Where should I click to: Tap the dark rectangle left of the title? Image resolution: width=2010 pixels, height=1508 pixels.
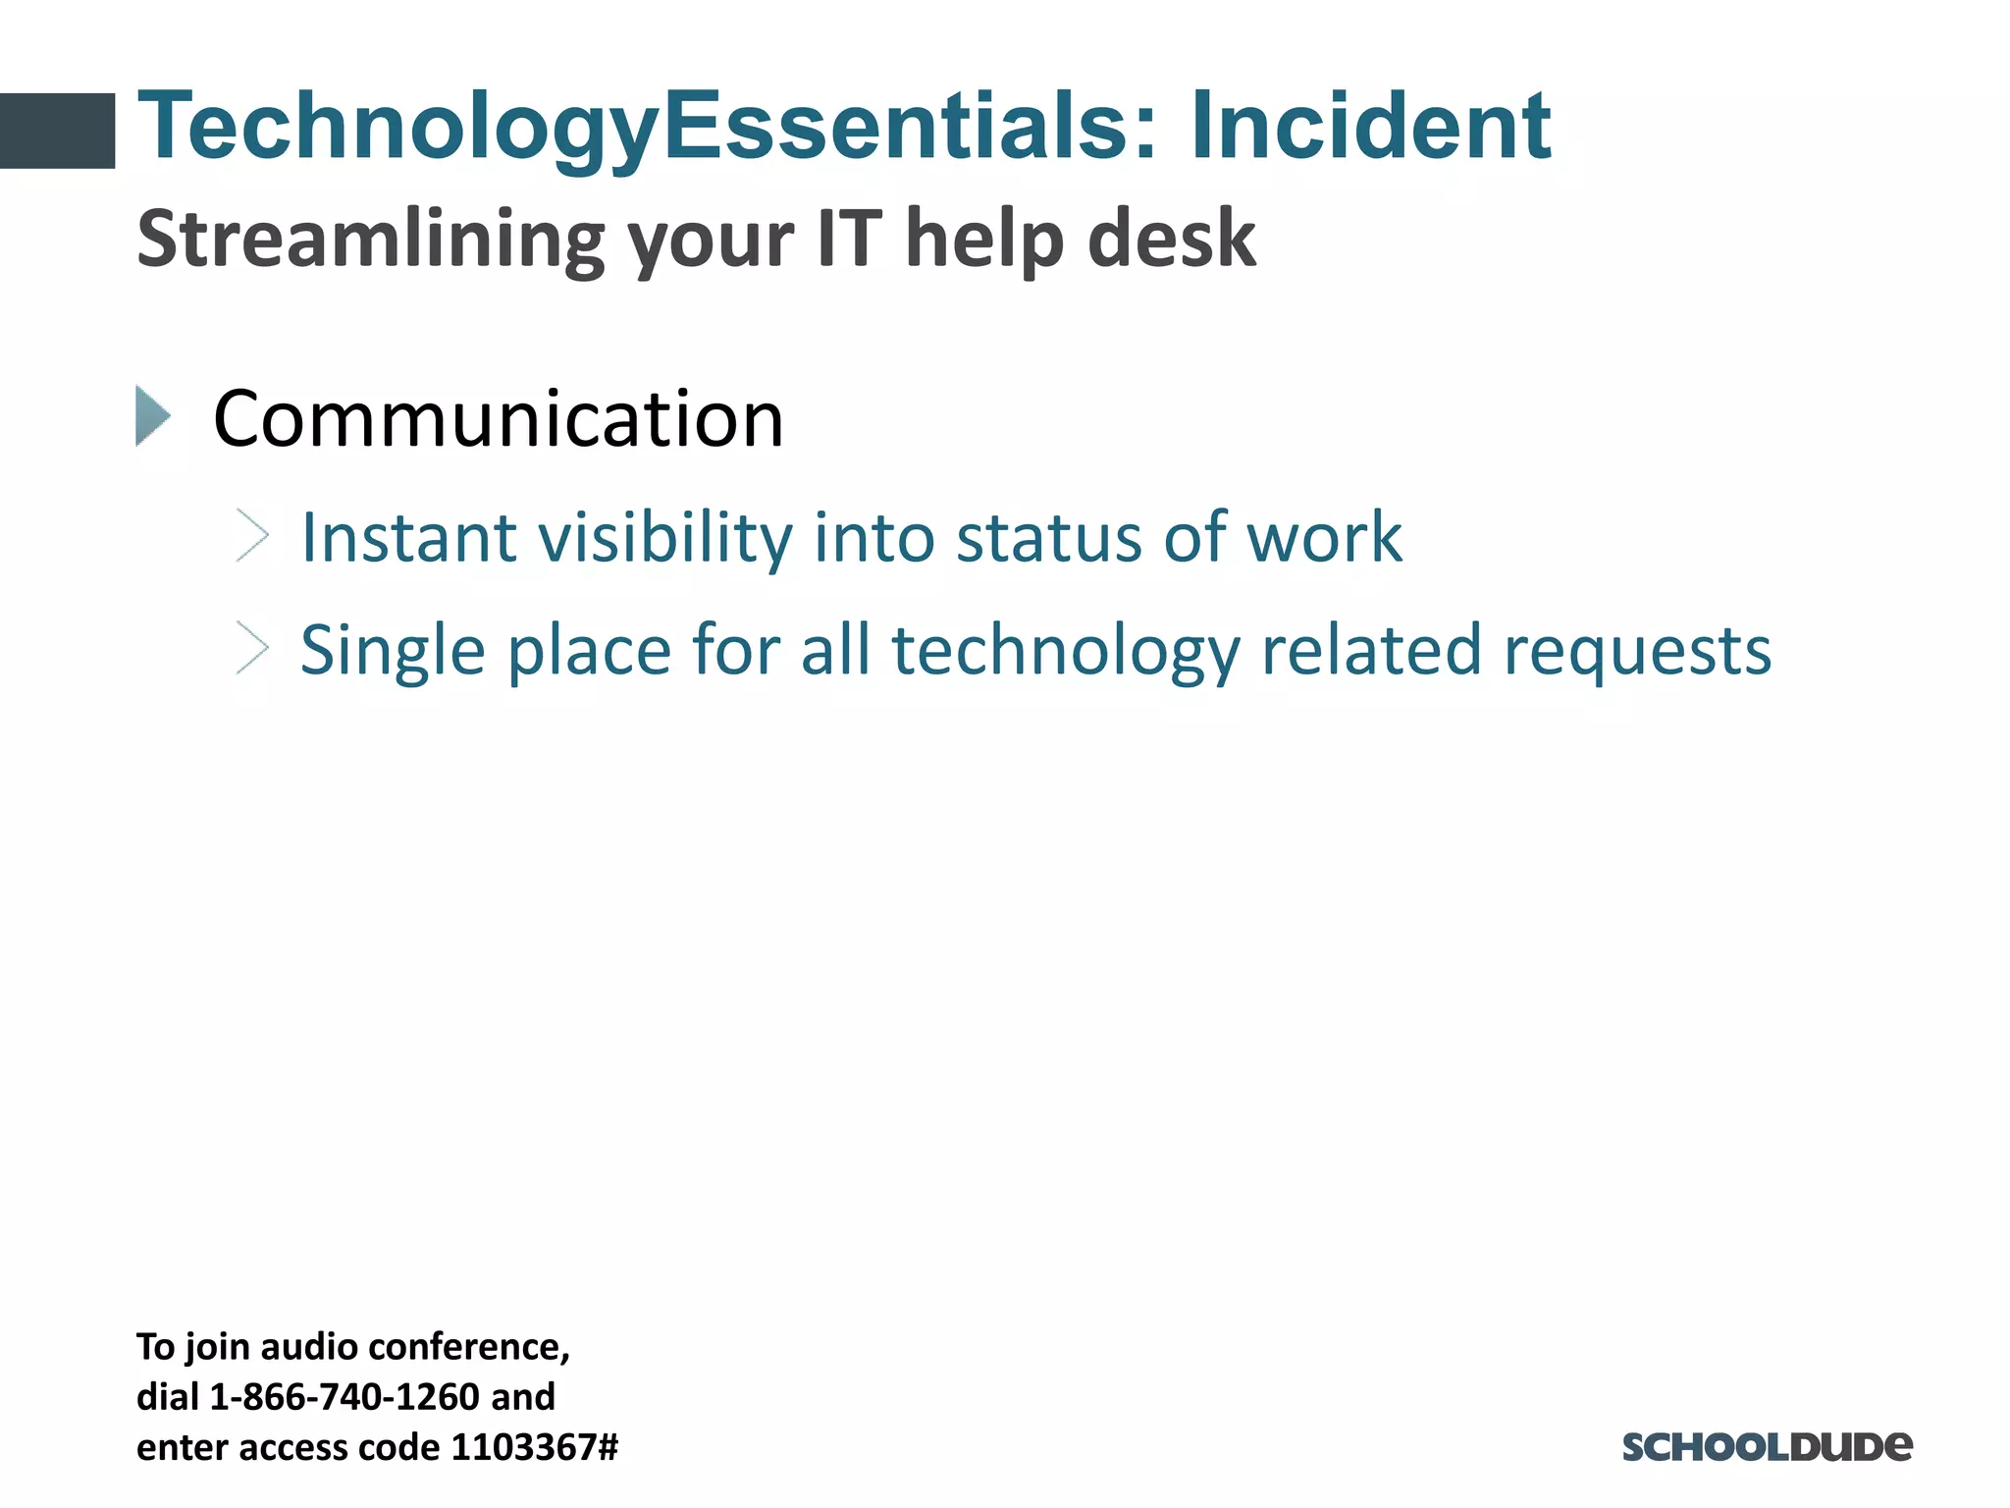(57, 131)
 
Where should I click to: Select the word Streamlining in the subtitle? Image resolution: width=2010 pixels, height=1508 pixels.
(369, 239)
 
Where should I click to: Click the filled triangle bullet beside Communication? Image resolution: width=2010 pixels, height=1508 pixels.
(152, 416)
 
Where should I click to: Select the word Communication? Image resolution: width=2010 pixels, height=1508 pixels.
(499, 419)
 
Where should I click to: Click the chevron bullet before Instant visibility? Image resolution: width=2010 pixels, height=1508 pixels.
(252, 536)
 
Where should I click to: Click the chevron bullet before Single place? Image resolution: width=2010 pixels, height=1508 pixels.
(252, 649)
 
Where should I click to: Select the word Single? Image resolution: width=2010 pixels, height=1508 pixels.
(392, 651)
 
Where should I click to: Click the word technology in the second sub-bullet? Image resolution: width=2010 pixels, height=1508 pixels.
(1066, 651)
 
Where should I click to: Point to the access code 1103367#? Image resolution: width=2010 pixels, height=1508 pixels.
(534, 1447)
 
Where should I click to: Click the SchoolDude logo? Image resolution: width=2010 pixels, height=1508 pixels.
(1767, 1446)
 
